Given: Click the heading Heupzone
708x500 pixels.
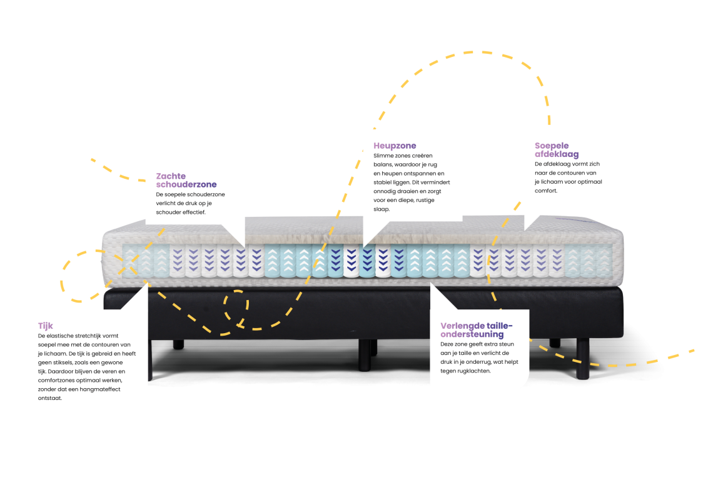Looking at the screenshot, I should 395,146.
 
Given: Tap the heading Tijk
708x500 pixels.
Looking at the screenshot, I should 46,326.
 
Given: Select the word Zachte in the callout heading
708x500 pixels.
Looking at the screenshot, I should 171,176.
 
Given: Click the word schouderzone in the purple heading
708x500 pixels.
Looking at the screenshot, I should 186,184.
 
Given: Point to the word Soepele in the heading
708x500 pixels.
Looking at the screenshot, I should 552,146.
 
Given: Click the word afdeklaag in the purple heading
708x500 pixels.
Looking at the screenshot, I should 557,154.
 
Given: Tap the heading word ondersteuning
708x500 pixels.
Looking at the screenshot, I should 472,334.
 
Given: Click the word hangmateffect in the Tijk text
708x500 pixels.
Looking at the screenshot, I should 101,389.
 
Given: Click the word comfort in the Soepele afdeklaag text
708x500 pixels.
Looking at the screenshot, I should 546,191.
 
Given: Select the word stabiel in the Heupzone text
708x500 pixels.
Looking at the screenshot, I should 383,182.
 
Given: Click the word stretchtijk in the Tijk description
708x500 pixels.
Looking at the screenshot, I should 87,336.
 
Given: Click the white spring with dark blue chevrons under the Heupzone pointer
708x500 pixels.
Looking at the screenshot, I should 382,262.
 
